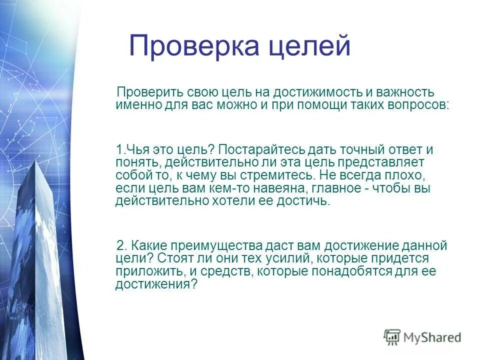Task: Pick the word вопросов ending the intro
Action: (417, 105)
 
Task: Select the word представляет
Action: (380, 162)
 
